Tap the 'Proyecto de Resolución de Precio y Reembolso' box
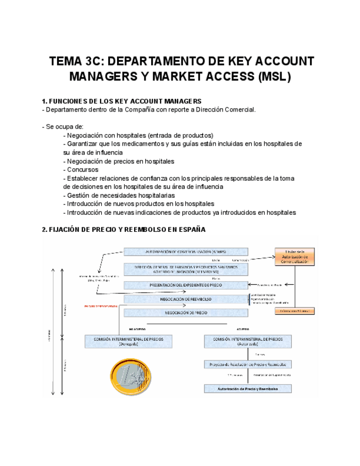[x=247, y=364]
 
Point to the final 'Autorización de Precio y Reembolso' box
[x=247, y=389]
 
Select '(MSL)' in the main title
[x=273, y=76]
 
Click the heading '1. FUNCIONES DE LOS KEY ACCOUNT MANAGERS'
[x=122, y=101]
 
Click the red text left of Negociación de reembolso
[x=102, y=306]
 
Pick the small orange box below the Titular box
[x=295, y=310]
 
